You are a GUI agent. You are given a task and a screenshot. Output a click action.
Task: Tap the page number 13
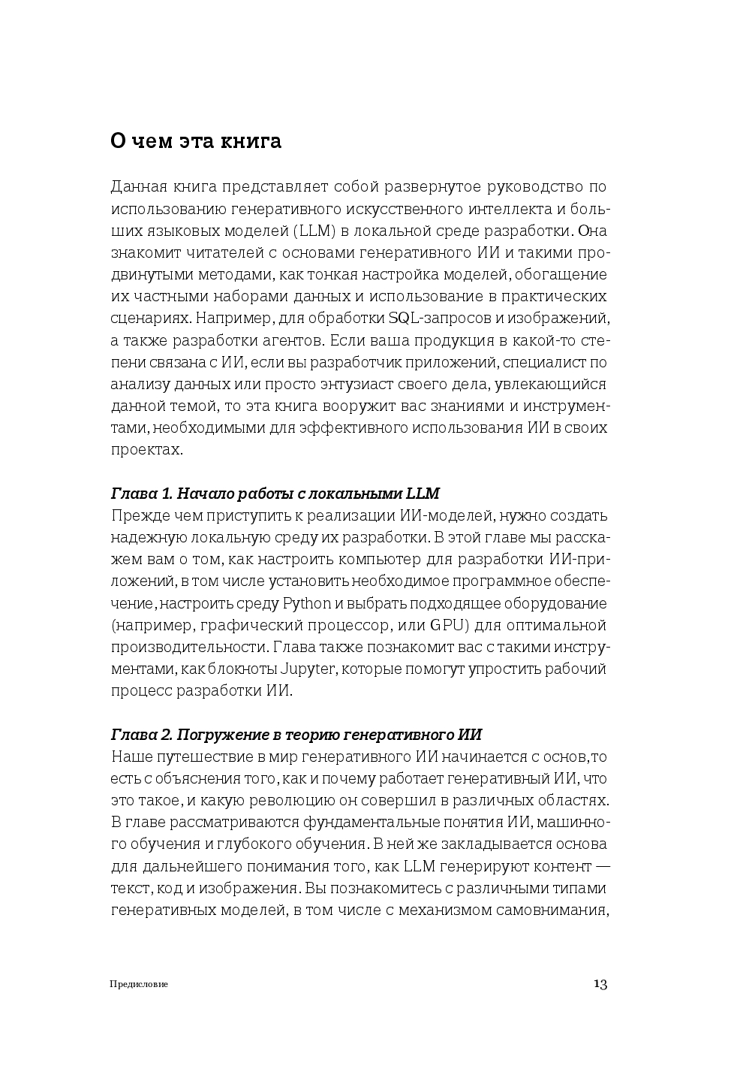pos(600,984)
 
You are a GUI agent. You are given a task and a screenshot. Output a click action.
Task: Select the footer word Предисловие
pos(139,984)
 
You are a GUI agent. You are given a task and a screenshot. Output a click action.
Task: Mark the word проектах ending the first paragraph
pos(146,450)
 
